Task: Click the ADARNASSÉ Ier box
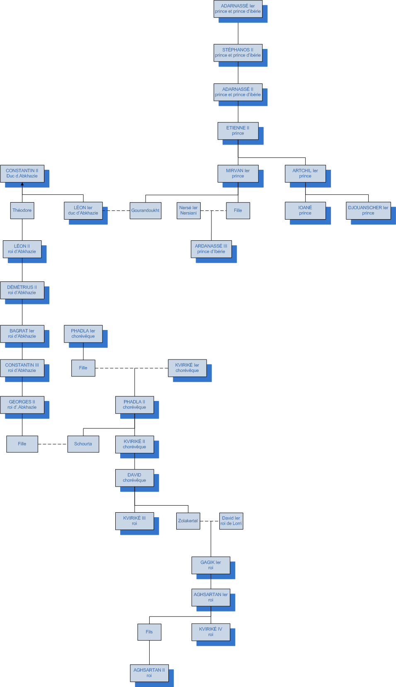pyautogui.click(x=238, y=9)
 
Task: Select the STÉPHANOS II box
pyautogui.click(x=238, y=53)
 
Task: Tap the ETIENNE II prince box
pyautogui.click(x=238, y=131)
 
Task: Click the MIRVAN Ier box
pyautogui.click(x=238, y=174)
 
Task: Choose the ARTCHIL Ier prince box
pyautogui.click(x=305, y=174)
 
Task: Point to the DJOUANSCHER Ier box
pyautogui.click(x=368, y=210)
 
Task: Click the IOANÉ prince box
pyautogui.click(x=305, y=210)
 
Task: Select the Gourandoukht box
pyautogui.click(x=145, y=210)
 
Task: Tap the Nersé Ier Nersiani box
pyautogui.click(x=188, y=210)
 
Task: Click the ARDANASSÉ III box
pyautogui.click(x=211, y=249)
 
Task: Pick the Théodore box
pyautogui.click(x=22, y=210)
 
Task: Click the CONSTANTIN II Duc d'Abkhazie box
pyautogui.click(x=22, y=174)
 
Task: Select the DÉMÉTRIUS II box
pyautogui.click(x=22, y=290)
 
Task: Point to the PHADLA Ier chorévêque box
pyautogui.click(x=83, y=334)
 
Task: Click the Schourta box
pyautogui.click(x=83, y=444)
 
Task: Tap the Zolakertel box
pyautogui.click(x=188, y=521)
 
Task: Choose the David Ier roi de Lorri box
pyautogui.click(x=231, y=521)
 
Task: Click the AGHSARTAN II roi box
pyautogui.click(x=149, y=673)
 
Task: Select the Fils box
pyautogui.click(x=149, y=632)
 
